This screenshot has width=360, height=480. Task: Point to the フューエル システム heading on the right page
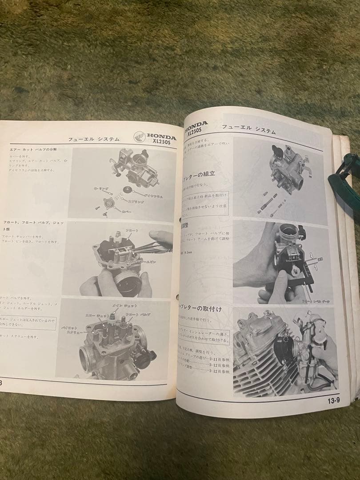coord(248,130)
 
